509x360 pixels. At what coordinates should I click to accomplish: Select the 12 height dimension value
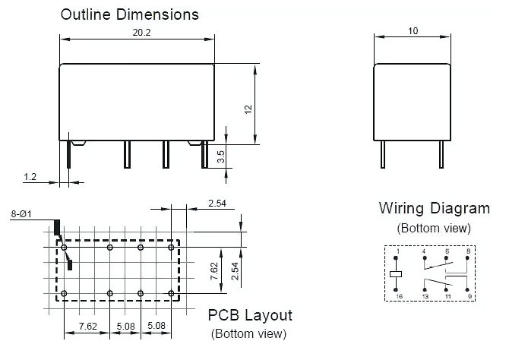247,109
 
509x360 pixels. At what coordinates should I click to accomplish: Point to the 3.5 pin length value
220,158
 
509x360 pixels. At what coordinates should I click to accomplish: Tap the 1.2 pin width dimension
30,177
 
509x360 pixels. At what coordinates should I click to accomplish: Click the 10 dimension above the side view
413,31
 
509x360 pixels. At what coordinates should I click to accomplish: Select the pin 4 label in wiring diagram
424,251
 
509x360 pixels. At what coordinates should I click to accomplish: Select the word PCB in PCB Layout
224,314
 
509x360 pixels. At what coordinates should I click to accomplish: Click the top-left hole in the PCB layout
65,248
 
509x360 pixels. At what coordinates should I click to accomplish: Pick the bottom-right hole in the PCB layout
170,293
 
